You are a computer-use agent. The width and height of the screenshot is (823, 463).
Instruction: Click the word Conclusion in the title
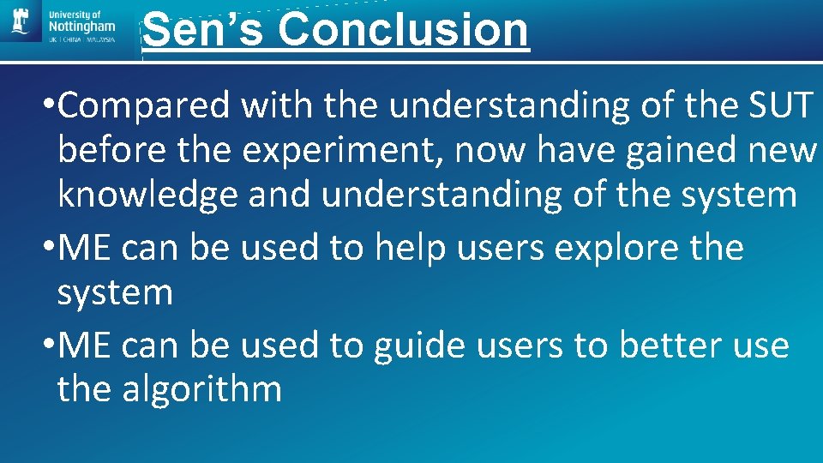[x=403, y=29]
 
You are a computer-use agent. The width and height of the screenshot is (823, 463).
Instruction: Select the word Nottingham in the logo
[x=82, y=27]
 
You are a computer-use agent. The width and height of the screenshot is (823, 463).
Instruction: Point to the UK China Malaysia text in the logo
[x=82, y=39]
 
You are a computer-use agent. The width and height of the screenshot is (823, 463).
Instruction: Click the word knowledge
[x=147, y=195]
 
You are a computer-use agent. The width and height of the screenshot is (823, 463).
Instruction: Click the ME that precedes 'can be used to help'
[x=87, y=249]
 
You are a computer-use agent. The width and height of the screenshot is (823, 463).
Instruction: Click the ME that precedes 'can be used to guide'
[x=87, y=346]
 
